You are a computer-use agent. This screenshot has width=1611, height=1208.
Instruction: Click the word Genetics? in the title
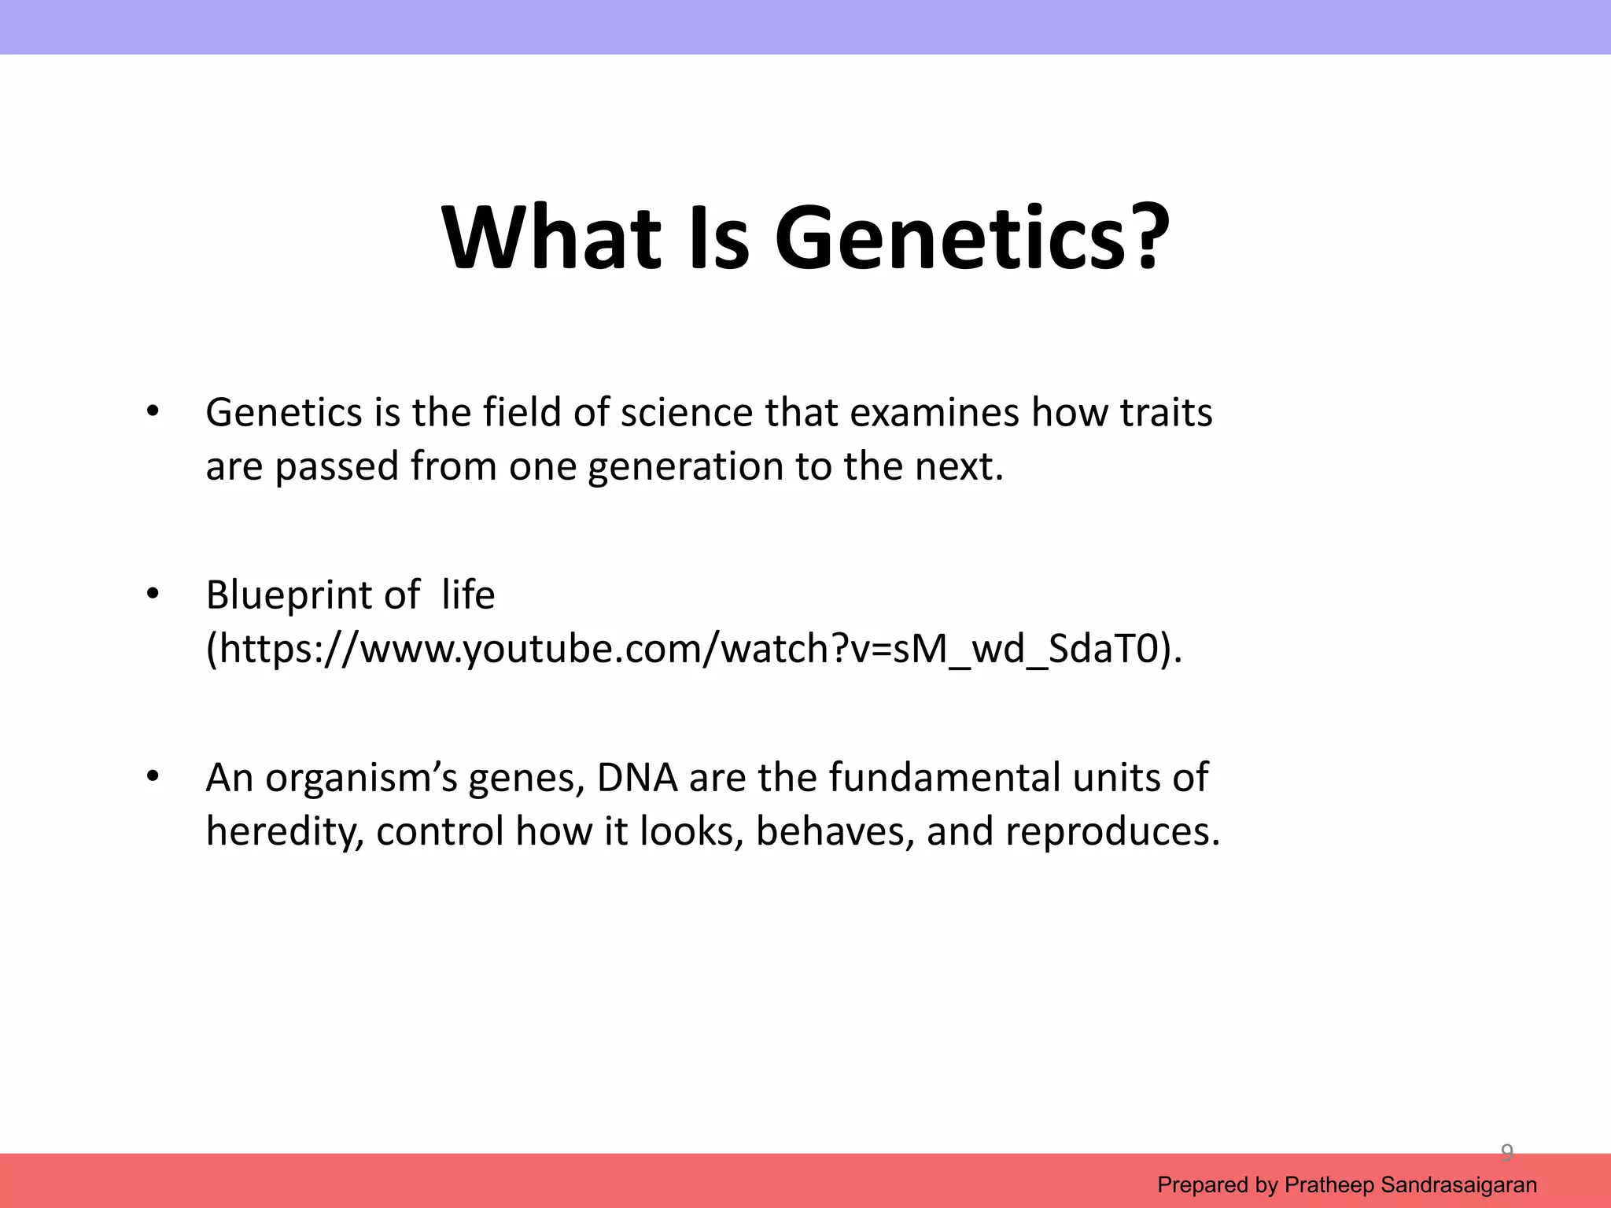pyautogui.click(x=971, y=238)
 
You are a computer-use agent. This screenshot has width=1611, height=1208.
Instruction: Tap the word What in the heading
pyautogui.click(x=551, y=238)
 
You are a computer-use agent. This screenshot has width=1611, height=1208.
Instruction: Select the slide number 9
pyautogui.click(x=1507, y=1153)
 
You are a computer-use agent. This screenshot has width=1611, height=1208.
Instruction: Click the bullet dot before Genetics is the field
pyautogui.click(x=153, y=411)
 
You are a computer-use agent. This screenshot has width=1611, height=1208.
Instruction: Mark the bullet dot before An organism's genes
pyautogui.click(x=153, y=777)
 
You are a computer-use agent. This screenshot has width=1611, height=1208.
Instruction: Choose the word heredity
pyautogui.click(x=284, y=832)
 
